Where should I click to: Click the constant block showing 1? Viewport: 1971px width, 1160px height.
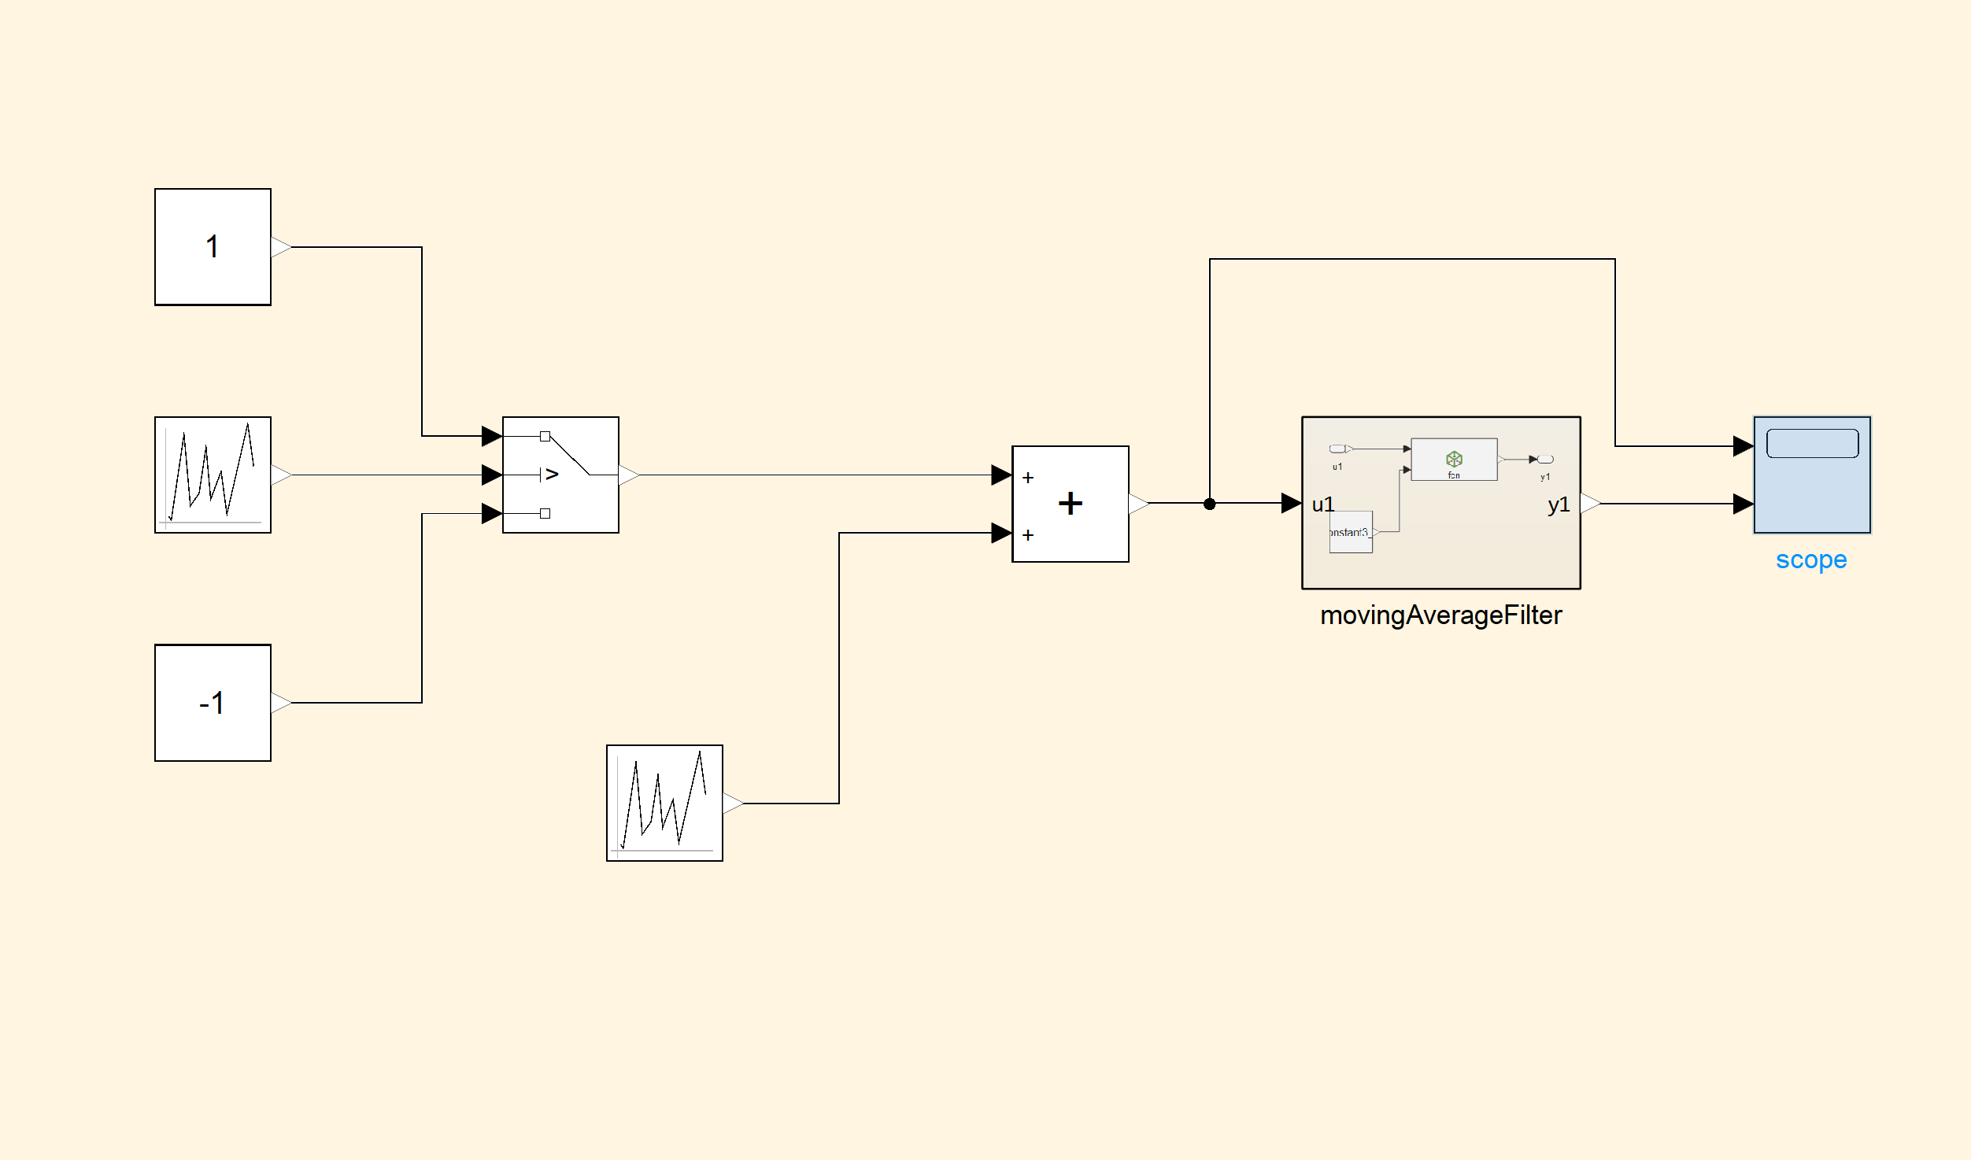click(213, 246)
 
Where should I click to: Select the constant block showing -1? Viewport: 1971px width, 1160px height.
click(213, 702)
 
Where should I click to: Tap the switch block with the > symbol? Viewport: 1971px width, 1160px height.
click(560, 475)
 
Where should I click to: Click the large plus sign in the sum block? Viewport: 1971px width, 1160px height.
click(1071, 503)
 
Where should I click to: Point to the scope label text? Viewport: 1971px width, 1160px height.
click(1811, 560)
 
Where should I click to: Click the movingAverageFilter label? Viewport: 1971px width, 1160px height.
click(1440, 615)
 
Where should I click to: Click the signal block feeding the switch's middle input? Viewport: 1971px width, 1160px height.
click(213, 475)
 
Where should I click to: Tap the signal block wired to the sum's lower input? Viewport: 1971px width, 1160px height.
click(664, 803)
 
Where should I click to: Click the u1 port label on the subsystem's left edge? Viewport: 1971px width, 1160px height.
click(1323, 504)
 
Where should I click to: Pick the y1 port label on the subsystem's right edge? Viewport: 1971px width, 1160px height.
click(1559, 504)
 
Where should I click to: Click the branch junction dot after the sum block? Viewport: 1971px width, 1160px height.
click(1210, 504)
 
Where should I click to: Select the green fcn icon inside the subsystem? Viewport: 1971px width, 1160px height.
click(1454, 459)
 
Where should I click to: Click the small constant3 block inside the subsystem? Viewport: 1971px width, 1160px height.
click(1351, 532)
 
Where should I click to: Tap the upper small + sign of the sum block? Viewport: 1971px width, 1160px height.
click(1028, 478)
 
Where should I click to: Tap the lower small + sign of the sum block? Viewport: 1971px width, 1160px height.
click(1028, 535)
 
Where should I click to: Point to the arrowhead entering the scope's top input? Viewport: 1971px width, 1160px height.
click(1743, 446)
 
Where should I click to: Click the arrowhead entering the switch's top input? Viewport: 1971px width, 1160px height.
click(492, 435)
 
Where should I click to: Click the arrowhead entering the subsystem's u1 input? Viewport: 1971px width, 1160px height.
click(1291, 503)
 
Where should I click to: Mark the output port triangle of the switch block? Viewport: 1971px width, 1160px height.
click(628, 475)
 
